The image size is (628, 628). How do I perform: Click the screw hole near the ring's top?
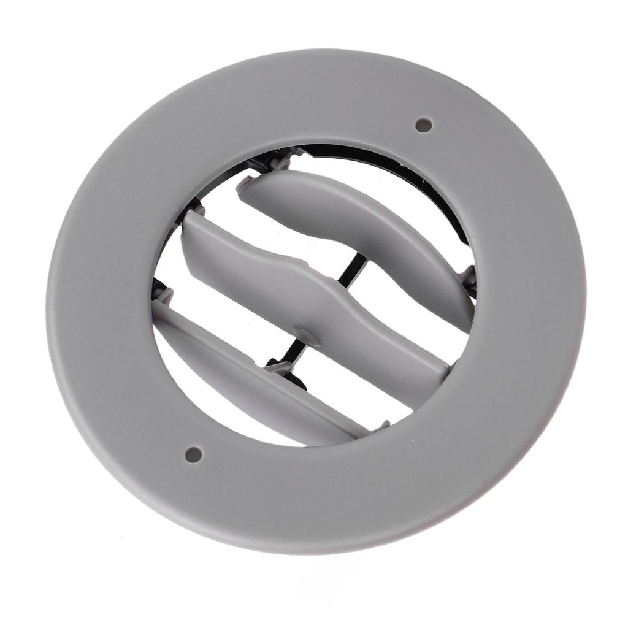[423, 125]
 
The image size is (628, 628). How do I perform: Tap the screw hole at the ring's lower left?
[193, 454]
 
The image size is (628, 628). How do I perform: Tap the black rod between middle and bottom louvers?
[288, 353]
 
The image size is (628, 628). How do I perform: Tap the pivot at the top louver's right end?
[469, 279]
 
